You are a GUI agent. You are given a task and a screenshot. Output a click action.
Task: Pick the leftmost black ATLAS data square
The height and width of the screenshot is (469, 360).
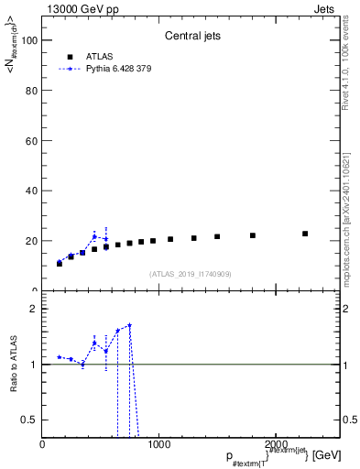tap(60, 264)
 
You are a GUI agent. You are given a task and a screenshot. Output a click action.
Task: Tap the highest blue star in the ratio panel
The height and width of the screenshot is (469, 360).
tap(130, 325)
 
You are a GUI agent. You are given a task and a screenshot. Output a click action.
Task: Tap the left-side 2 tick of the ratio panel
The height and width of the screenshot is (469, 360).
tap(34, 309)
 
